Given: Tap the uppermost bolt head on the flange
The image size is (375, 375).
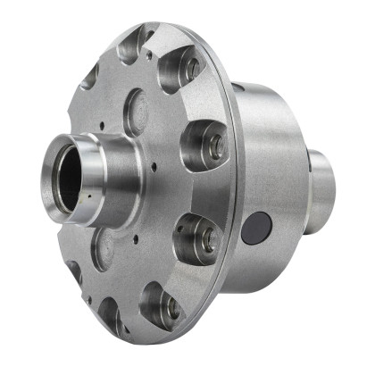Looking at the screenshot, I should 192,67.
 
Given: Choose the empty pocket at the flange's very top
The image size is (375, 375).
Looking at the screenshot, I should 131,45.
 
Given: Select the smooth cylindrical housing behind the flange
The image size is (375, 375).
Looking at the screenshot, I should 272,161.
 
